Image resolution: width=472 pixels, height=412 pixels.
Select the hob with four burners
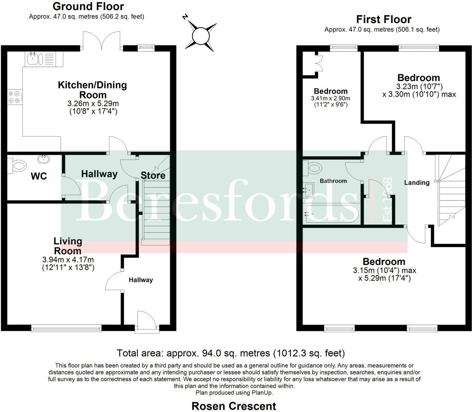tap(14, 97)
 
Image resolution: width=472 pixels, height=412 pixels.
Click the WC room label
tap(39, 176)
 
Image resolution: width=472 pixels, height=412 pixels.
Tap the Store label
tap(153, 175)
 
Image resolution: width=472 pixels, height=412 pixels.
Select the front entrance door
tap(147, 321)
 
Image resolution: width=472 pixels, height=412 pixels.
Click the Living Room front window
tap(66, 328)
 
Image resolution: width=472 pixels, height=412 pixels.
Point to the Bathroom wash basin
tap(309, 189)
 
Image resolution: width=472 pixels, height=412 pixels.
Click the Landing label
tap(417, 183)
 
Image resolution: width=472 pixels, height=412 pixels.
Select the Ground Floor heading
tap(88, 7)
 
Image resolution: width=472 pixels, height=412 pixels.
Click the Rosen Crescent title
tap(233, 406)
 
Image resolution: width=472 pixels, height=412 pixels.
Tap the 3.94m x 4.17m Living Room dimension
tap(68, 260)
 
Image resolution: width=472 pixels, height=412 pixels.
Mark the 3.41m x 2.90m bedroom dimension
tap(330, 98)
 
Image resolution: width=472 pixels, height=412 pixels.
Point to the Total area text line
tap(231, 353)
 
